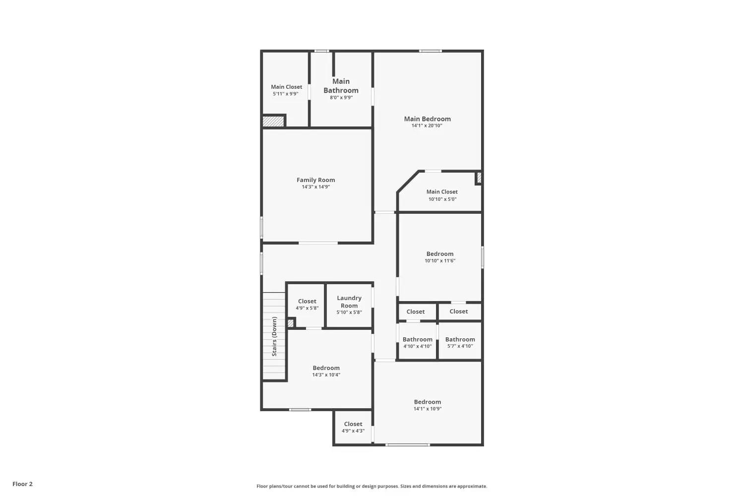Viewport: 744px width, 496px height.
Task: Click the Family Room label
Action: pyautogui.click(x=315, y=180)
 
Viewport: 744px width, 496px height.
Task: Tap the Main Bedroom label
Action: pyautogui.click(x=427, y=119)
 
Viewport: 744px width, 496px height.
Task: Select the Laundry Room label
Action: pyautogui.click(x=349, y=302)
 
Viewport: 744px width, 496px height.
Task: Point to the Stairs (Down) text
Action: pyautogui.click(x=274, y=337)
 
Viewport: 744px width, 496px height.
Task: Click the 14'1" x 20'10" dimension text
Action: pyautogui.click(x=427, y=126)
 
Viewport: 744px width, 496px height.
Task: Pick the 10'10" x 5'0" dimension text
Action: pyautogui.click(x=442, y=199)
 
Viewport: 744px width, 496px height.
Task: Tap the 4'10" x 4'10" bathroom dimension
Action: pyautogui.click(x=417, y=346)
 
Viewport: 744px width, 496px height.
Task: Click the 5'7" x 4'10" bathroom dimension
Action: pyautogui.click(x=460, y=346)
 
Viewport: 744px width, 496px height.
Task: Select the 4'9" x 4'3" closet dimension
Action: pyautogui.click(x=353, y=431)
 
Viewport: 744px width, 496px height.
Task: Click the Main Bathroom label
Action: pyautogui.click(x=341, y=86)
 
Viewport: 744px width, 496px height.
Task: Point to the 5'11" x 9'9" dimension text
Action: pyautogui.click(x=286, y=94)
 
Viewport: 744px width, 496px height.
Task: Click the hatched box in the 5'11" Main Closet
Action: pyautogui.click(x=273, y=121)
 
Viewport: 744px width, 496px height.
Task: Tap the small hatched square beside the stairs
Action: pyautogui.click(x=291, y=323)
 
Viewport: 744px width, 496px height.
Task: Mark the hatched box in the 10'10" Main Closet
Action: pyautogui.click(x=479, y=177)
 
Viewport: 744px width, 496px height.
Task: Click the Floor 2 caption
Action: pyautogui.click(x=22, y=484)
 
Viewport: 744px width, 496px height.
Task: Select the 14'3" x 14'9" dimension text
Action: pyautogui.click(x=315, y=187)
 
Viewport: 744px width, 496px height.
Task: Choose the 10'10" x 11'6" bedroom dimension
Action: pyautogui.click(x=439, y=261)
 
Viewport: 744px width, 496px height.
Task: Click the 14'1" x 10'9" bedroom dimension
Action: pyautogui.click(x=427, y=409)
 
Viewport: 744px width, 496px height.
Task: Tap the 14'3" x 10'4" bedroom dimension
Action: pyautogui.click(x=326, y=375)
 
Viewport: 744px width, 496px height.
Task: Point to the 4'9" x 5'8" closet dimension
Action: pyautogui.click(x=307, y=309)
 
